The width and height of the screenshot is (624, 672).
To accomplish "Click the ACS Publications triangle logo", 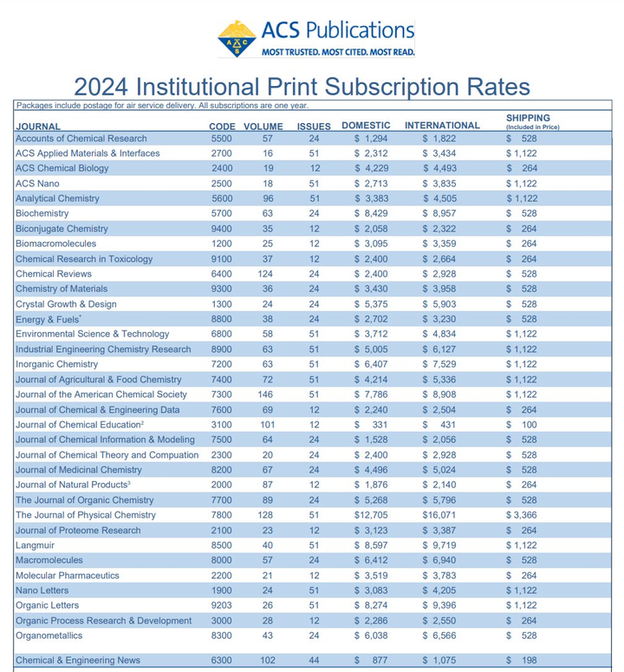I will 236,38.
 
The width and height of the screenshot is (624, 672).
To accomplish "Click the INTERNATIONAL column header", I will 442,125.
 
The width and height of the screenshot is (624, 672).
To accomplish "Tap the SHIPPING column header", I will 528,118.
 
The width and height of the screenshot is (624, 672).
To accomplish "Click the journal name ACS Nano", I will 37,183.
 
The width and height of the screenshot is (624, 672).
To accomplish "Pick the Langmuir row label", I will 36,545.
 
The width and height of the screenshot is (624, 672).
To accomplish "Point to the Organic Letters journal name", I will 47,605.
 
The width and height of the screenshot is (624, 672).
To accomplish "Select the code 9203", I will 222,605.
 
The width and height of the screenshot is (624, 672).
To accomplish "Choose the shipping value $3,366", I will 522,515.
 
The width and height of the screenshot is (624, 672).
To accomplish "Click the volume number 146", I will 268,395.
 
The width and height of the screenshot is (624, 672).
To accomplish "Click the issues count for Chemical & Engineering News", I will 314,661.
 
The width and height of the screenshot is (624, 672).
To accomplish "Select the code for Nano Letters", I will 222,590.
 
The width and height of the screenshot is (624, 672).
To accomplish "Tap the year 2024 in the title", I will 105,88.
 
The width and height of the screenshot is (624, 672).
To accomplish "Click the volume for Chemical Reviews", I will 268,274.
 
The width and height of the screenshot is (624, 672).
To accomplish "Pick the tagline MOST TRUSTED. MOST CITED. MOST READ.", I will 338,52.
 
